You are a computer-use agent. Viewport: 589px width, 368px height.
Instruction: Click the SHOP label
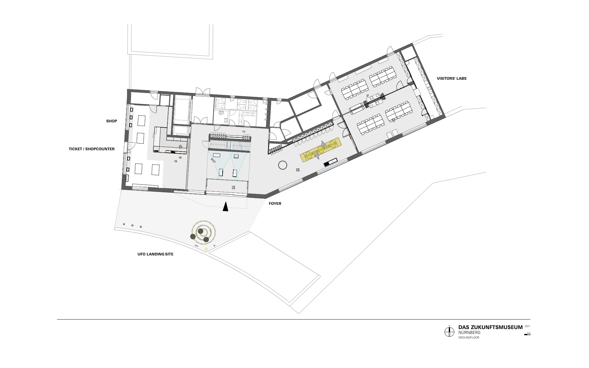tap(112, 121)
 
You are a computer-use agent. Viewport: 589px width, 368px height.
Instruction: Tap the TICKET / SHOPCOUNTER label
tap(92, 149)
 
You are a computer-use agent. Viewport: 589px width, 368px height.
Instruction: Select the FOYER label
tap(275, 204)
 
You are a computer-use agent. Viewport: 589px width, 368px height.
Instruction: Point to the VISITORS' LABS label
tap(452, 79)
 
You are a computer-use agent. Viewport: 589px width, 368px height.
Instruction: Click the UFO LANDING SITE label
tap(155, 254)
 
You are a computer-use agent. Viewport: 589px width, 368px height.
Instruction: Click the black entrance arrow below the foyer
tap(225, 207)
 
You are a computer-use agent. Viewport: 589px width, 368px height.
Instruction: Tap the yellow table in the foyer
tap(321, 150)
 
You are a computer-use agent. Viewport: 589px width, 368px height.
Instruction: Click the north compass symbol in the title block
tap(449, 332)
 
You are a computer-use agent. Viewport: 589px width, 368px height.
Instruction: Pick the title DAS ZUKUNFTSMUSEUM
tap(491, 327)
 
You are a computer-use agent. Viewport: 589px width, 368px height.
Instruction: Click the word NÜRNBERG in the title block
tap(469, 332)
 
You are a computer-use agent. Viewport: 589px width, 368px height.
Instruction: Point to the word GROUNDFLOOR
tap(469, 338)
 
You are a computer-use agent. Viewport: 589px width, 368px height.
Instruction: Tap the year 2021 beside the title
tap(527, 326)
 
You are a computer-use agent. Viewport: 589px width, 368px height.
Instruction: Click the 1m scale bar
tap(527, 335)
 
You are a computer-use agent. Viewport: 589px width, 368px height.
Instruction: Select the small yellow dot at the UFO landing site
tap(206, 249)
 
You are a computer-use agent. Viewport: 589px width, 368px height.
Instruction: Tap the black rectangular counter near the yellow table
tap(331, 162)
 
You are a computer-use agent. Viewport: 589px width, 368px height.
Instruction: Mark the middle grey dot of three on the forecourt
tap(132, 225)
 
